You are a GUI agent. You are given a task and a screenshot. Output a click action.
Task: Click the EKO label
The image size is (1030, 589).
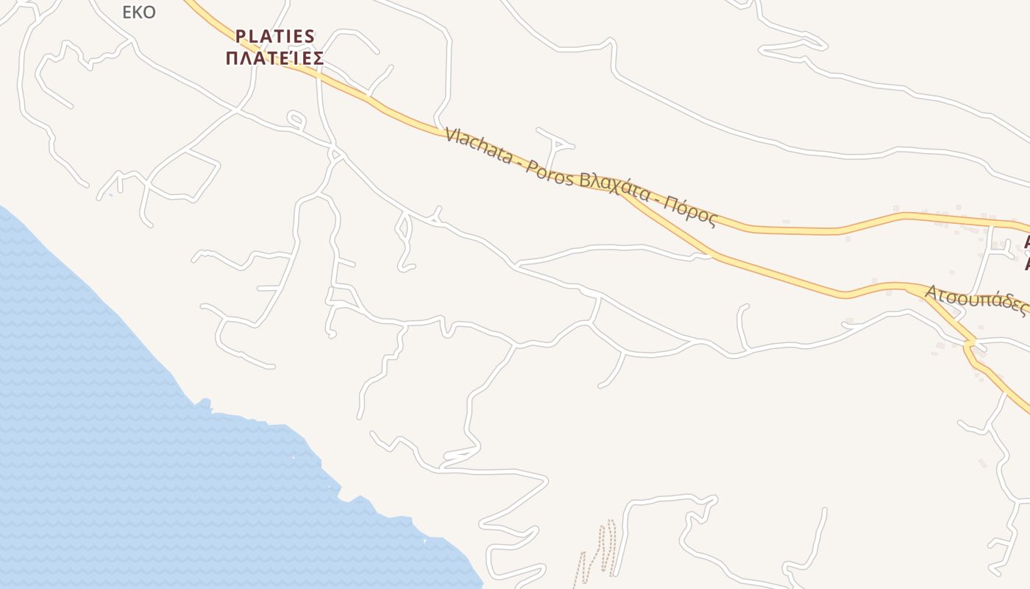[139, 13]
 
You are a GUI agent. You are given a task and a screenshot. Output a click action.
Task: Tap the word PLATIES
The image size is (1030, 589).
[275, 36]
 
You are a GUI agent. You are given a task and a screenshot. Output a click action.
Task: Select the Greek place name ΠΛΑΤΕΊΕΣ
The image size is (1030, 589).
[274, 58]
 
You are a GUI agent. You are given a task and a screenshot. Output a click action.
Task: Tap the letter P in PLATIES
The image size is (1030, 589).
[240, 36]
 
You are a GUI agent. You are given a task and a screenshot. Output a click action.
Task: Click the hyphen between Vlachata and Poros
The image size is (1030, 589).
[517, 161]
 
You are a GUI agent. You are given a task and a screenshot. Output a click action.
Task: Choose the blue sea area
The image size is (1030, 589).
[110, 442]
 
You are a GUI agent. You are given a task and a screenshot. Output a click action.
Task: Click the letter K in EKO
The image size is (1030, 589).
[138, 13]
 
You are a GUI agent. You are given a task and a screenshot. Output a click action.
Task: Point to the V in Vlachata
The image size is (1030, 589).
[450, 135]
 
